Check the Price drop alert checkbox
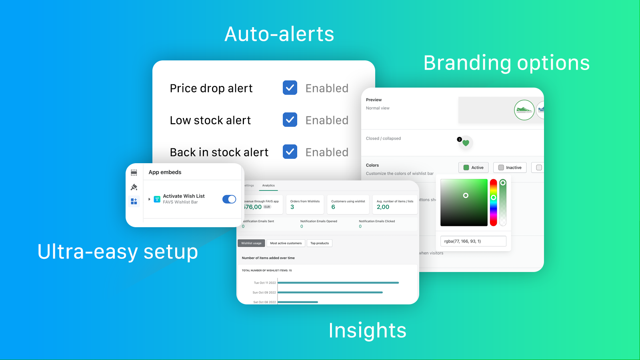click(x=290, y=88)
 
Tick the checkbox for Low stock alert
click(x=290, y=120)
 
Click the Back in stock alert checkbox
click(x=290, y=152)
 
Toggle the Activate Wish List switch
click(x=229, y=199)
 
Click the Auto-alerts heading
click(x=279, y=34)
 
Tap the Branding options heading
click(x=506, y=63)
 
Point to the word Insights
click(x=367, y=330)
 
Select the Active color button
click(x=473, y=168)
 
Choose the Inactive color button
click(x=510, y=168)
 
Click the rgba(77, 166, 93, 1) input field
click(x=473, y=241)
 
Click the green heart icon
click(x=466, y=143)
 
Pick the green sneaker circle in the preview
click(x=524, y=110)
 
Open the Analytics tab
click(x=268, y=186)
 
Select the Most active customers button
click(x=286, y=243)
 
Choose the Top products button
click(x=320, y=243)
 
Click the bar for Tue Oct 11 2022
click(x=338, y=283)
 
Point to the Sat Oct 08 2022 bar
click(x=298, y=302)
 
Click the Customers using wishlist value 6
click(x=333, y=207)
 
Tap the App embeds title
click(x=165, y=172)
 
